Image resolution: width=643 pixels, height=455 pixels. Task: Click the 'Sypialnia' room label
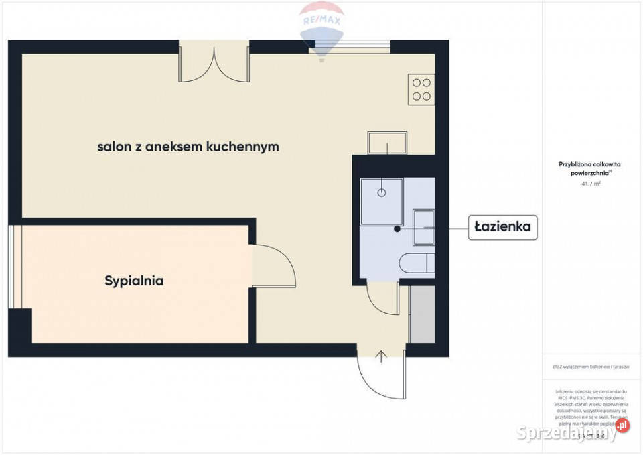[134, 281]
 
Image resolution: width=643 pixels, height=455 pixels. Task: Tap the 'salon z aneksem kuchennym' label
[188, 147]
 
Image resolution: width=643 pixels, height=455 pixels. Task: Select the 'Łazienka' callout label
[502, 227]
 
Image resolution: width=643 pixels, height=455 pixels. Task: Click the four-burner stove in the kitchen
[421, 89]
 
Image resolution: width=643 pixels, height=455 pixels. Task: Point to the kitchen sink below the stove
[387, 143]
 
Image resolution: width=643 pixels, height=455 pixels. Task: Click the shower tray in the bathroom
[382, 201]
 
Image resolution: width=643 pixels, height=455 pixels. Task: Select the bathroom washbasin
[423, 228]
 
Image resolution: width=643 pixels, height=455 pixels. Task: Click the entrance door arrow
[382, 356]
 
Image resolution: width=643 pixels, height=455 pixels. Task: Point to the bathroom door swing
[383, 299]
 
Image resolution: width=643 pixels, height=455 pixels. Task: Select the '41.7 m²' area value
[591, 182]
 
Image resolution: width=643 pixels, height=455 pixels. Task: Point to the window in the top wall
[349, 48]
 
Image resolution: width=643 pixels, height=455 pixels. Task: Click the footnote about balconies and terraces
[591, 367]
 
